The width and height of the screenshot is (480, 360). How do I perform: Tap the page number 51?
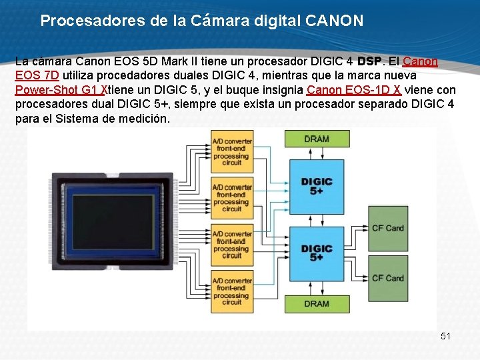445,336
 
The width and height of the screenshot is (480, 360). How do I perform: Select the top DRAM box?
317,139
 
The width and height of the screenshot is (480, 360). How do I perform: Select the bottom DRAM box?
317,303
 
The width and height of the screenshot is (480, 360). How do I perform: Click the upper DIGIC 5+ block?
317,186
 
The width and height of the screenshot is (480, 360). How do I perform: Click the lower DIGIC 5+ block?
317,253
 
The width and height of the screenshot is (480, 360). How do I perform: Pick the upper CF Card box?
387,228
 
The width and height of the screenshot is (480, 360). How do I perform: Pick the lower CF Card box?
387,278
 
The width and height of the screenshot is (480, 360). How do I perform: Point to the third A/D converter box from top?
232,245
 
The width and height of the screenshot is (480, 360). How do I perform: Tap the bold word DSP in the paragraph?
370,62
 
